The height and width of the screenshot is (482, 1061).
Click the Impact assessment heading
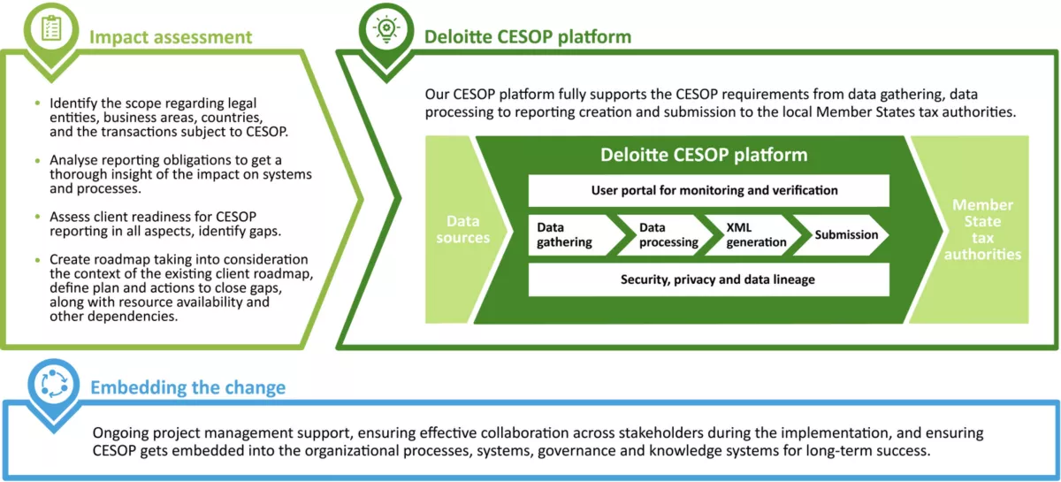171,37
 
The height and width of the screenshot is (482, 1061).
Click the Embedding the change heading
187,387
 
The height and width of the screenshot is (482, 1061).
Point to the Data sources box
462,230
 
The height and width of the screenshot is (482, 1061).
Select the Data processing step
668,235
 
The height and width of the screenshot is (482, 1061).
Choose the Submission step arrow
846,235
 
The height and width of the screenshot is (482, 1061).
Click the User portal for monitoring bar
708,190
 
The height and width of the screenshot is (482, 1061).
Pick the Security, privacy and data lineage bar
708,279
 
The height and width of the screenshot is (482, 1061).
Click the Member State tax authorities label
982,230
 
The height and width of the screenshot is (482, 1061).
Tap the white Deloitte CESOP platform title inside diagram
704,155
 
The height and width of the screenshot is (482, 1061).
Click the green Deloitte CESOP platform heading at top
528,37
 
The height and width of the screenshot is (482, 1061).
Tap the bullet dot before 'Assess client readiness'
37,217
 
